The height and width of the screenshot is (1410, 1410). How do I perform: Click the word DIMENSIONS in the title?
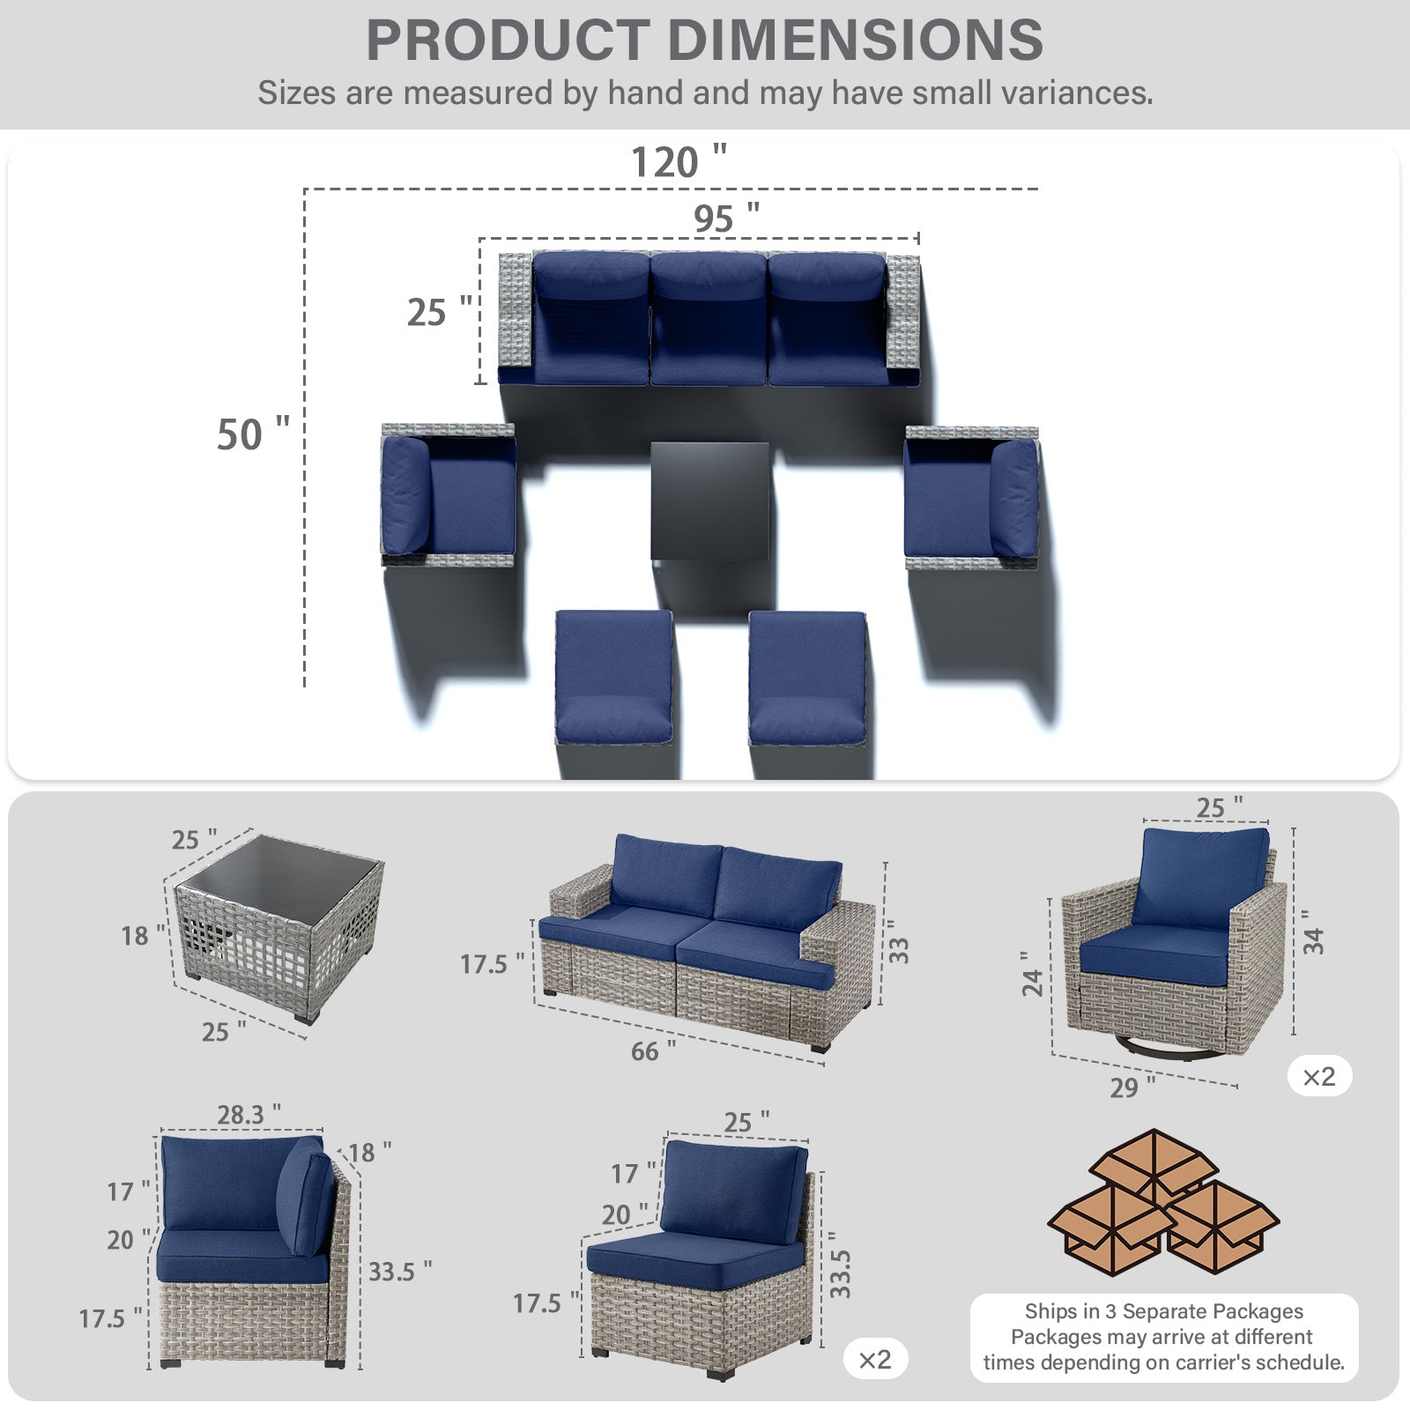855,40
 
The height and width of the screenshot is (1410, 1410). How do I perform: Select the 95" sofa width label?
726,218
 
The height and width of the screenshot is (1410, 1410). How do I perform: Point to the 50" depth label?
253,434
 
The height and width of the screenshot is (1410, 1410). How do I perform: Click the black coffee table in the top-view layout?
710,501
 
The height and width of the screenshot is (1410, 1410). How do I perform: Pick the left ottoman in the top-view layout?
613,677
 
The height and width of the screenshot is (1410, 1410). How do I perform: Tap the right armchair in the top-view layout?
971,496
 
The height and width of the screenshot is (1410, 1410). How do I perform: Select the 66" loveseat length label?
653,1050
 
